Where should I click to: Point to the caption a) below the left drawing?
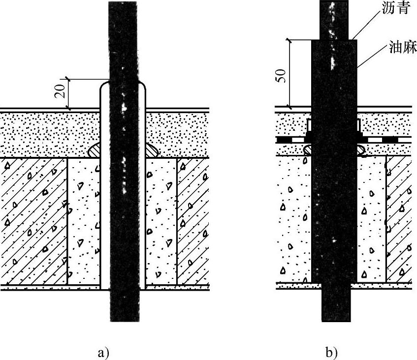(103, 353)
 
